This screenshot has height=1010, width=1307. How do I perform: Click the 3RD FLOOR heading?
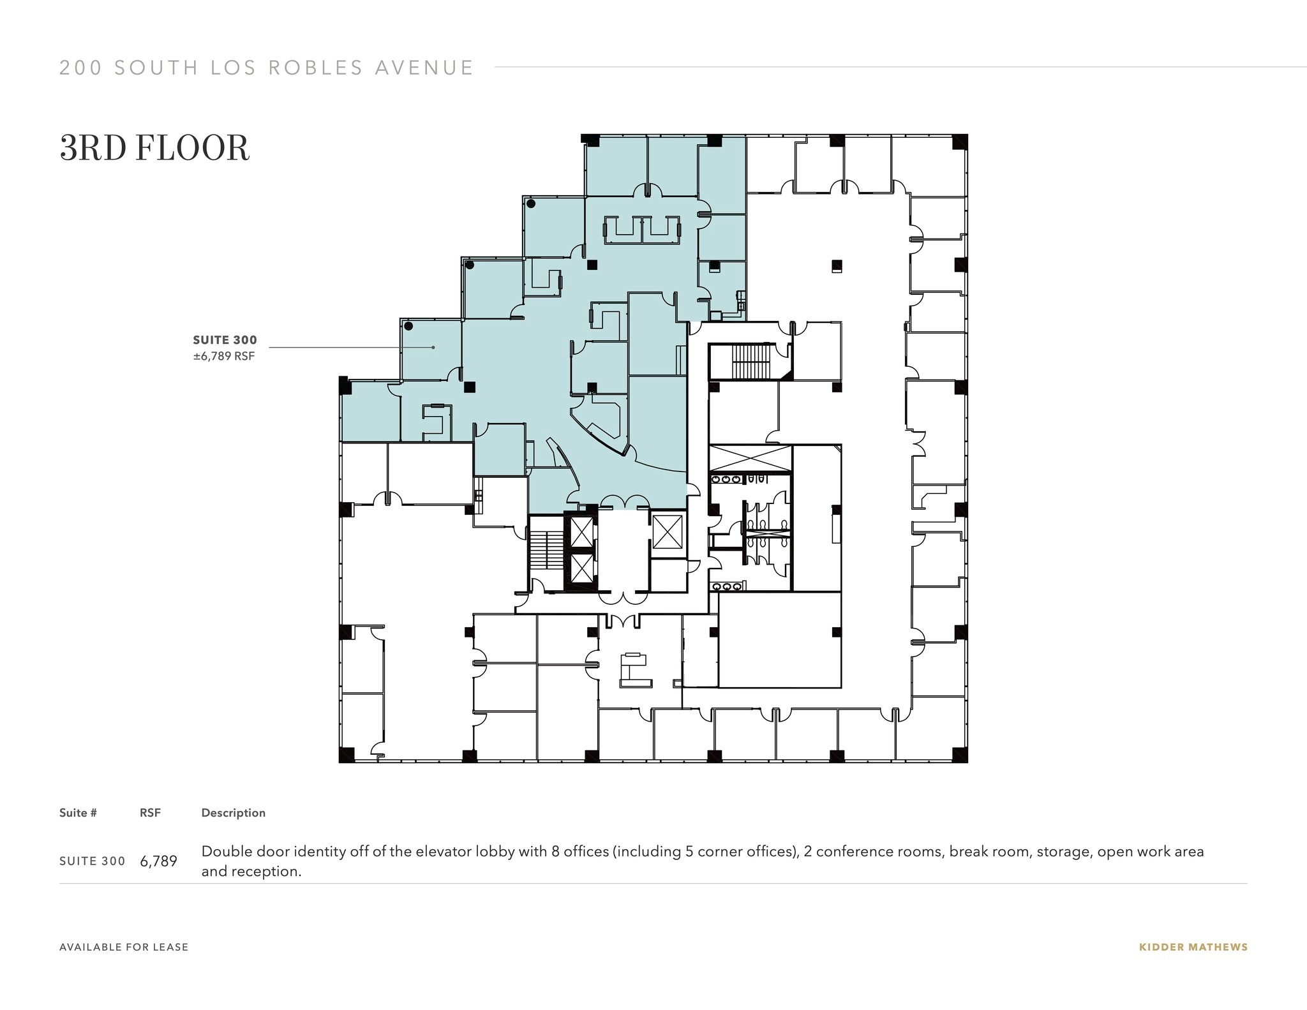point(154,149)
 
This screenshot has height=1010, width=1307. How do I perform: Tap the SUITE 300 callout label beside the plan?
point(225,340)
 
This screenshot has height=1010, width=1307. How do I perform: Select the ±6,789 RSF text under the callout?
point(224,357)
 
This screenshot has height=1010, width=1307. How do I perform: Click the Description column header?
point(233,813)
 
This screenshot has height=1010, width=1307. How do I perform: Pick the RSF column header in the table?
point(150,813)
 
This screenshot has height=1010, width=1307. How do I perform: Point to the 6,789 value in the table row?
point(158,861)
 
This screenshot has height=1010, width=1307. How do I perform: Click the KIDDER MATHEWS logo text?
point(1193,947)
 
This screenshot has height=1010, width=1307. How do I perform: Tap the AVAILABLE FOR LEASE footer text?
point(124,947)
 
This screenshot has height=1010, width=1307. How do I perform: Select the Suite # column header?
point(78,813)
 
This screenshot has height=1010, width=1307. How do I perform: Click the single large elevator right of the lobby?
point(668,531)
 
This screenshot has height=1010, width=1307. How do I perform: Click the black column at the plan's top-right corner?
point(959,142)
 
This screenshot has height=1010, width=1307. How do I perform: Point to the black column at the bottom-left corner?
point(346,755)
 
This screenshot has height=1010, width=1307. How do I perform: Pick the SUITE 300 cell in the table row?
point(92,861)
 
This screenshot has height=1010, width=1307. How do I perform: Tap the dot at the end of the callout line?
point(433,348)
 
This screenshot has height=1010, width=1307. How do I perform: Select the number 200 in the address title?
point(80,68)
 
